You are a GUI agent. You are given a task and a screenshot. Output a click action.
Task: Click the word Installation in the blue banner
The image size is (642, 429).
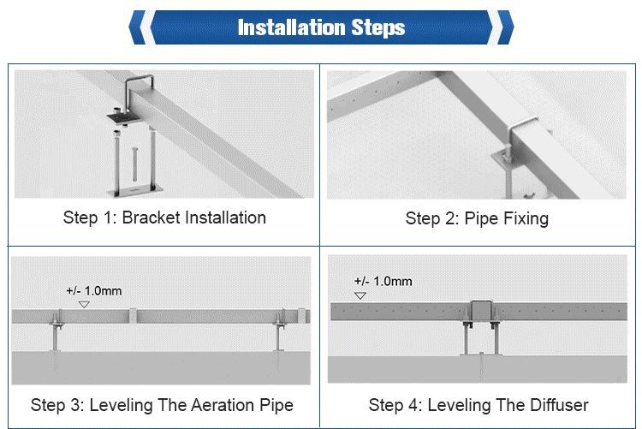(292, 28)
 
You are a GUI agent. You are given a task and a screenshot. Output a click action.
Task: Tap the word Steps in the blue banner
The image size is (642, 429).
(378, 28)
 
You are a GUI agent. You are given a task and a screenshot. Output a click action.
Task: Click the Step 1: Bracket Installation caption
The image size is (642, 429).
(164, 217)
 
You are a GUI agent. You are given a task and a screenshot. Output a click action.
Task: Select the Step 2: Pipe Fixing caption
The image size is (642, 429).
(477, 218)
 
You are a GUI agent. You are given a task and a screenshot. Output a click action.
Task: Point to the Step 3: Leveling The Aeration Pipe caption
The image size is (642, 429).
(162, 405)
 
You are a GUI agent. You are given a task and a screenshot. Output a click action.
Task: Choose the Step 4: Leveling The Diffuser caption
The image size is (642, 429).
(479, 405)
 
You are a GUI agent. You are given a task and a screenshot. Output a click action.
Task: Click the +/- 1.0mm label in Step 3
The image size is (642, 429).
(94, 291)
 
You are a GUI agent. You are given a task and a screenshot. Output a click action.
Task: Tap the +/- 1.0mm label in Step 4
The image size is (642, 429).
(383, 282)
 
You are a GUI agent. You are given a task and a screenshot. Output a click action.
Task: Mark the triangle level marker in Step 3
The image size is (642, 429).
(84, 305)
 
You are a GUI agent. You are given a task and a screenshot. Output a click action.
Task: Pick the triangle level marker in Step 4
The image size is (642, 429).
(360, 295)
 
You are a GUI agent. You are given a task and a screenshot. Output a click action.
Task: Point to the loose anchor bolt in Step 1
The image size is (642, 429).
(134, 164)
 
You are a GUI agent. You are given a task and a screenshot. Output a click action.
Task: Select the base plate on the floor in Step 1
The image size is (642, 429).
(135, 191)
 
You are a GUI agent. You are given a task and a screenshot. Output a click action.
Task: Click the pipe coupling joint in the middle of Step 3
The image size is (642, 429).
(132, 315)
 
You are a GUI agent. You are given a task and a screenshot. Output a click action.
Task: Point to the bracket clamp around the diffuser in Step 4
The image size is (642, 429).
(481, 312)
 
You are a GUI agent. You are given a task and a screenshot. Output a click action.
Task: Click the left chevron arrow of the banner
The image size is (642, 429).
(138, 27)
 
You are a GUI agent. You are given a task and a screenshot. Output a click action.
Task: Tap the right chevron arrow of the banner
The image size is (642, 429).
(505, 27)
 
